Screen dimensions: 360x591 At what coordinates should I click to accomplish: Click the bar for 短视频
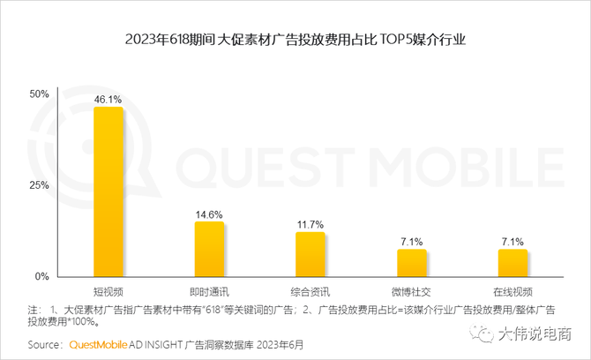pos(108,191)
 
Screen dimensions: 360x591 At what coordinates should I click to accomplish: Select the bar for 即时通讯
pos(209,249)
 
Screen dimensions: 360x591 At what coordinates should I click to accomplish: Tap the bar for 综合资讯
pos(310,254)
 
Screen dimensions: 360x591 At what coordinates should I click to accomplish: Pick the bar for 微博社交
pos(411,263)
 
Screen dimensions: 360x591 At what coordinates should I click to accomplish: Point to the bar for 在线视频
pos(512,263)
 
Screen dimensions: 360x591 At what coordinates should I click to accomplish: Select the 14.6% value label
pos(209,214)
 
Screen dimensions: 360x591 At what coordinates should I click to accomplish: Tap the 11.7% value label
pos(310,225)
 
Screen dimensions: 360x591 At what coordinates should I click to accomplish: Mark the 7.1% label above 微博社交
pos(411,242)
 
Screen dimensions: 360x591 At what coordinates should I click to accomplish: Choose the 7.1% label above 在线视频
pos(512,242)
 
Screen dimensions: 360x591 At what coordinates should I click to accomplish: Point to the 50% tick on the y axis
pos(39,94)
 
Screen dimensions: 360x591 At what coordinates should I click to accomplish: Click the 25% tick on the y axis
pos(39,185)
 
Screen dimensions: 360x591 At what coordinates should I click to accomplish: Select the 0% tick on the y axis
pos(41,276)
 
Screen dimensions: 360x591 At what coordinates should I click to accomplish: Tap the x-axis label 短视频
pos(108,290)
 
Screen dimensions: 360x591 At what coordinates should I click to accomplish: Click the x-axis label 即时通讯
pos(209,290)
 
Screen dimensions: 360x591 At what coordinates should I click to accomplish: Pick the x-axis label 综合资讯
pos(310,290)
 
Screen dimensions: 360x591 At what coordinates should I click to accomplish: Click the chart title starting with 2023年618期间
pos(295,39)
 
